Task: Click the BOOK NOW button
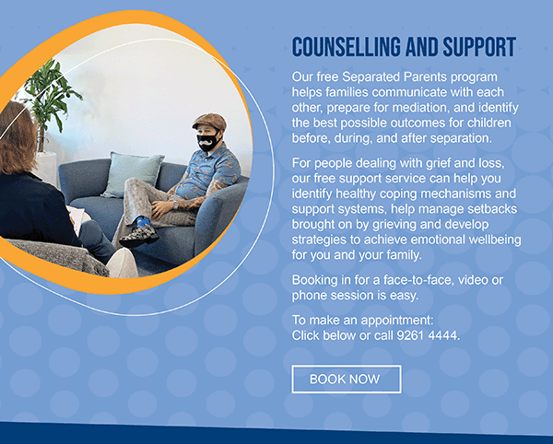click(347, 380)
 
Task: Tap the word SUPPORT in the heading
click(479, 46)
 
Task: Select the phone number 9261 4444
click(427, 335)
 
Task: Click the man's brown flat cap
click(210, 122)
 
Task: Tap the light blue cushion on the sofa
click(133, 175)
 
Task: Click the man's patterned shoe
click(139, 236)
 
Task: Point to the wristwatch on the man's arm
click(175, 204)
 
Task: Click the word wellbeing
click(495, 240)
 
